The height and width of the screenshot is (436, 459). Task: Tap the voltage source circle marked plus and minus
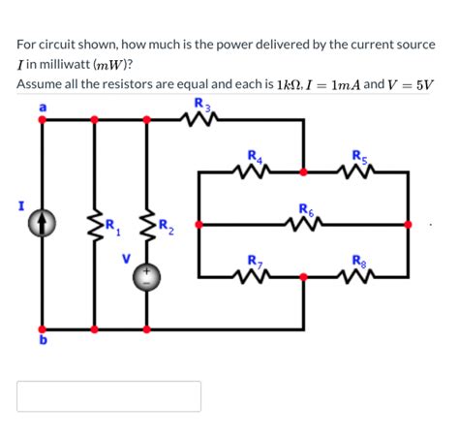(147, 277)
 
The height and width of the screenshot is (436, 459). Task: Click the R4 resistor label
(255, 155)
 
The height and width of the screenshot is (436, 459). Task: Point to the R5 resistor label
(359, 155)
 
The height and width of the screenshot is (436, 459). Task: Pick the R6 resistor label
(306, 208)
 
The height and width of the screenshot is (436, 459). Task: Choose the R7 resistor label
(255, 260)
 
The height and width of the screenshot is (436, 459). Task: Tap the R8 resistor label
(359, 260)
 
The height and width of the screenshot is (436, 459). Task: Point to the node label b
(42, 341)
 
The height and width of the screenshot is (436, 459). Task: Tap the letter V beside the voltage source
(124, 260)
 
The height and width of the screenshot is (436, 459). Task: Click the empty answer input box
(108, 395)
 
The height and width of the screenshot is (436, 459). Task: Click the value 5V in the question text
(420, 84)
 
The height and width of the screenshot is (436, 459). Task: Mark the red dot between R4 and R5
(304, 171)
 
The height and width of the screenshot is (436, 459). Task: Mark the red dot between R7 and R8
(304, 276)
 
